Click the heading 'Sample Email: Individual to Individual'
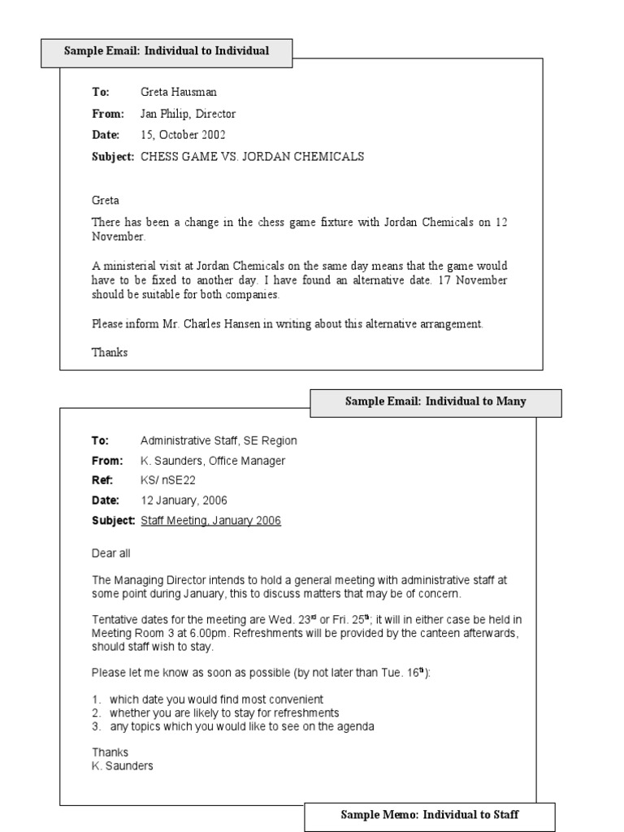click(x=167, y=51)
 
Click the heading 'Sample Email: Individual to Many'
click(x=435, y=401)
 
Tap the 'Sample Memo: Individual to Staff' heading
click(x=429, y=815)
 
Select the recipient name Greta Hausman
click(x=179, y=93)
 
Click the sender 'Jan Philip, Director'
click(x=188, y=114)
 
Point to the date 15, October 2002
click(x=183, y=135)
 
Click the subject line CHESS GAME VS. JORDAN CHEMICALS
click(x=252, y=157)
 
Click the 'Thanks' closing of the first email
click(x=110, y=353)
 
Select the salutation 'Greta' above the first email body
click(x=106, y=200)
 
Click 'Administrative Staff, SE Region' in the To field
click(x=219, y=440)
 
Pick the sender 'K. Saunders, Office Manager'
click(x=213, y=461)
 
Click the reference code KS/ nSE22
click(x=168, y=480)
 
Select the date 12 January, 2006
click(x=184, y=500)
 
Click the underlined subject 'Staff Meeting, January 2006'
click(x=211, y=521)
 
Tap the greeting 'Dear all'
click(x=110, y=553)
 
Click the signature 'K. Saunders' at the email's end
click(x=122, y=765)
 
